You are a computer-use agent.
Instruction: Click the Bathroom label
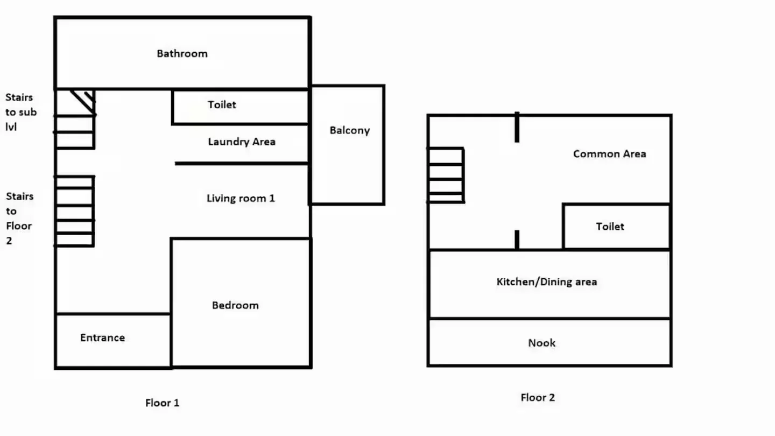[x=182, y=54]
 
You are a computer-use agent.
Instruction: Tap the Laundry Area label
[x=242, y=142]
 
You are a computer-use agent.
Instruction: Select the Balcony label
[x=349, y=130]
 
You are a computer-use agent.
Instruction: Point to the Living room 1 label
[x=241, y=198]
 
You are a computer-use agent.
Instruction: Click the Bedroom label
[x=235, y=305]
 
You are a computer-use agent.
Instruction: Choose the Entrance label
[x=102, y=337]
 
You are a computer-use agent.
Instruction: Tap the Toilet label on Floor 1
[x=222, y=104]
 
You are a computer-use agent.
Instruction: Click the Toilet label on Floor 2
[x=610, y=227]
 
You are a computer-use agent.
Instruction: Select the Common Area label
[x=609, y=154]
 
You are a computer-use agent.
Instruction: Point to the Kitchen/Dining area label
[x=547, y=282]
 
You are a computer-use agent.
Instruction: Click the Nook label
[x=542, y=343]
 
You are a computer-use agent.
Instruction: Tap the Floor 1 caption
[x=163, y=403]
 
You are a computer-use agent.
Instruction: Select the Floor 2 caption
[x=538, y=398]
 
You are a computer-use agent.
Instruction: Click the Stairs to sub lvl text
[x=21, y=112]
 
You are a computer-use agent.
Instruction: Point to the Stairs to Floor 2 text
[x=19, y=219]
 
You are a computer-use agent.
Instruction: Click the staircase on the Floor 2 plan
[x=446, y=175]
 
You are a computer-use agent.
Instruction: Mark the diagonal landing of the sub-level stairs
[x=83, y=102]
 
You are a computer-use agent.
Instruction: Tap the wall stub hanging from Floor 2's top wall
[x=517, y=127]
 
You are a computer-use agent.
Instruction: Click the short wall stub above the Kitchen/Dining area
[x=517, y=240]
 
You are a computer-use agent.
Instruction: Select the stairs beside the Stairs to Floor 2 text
[x=74, y=211]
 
